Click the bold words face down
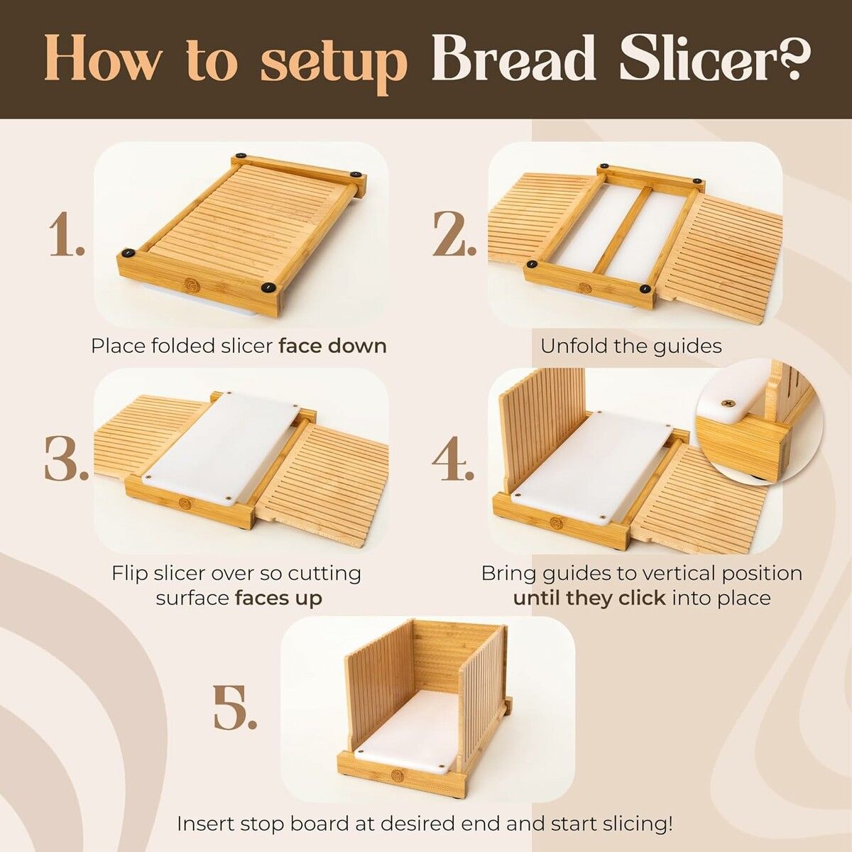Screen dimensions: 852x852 pyautogui.click(x=332, y=346)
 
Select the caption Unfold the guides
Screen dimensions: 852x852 pyautogui.click(x=631, y=346)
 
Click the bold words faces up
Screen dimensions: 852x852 pyautogui.click(x=278, y=599)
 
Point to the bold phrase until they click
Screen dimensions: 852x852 pyautogui.click(x=589, y=599)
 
